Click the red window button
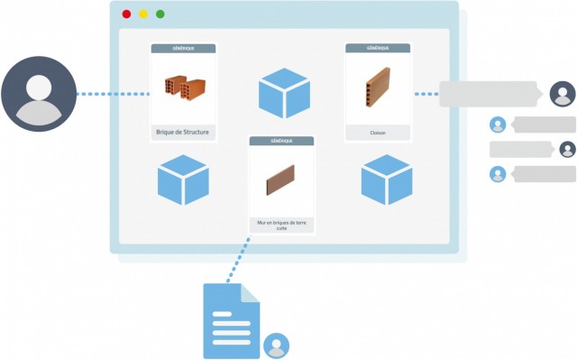pos(126,14)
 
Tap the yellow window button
pos(143,14)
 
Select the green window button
pos(160,14)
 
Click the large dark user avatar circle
pos(38,93)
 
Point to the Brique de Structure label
pos(183,133)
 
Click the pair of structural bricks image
pos(183,88)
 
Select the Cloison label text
pos(378,133)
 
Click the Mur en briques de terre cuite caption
pos(281,225)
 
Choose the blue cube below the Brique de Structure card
pos(183,180)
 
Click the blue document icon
pos(232,321)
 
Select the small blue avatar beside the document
pos(277,346)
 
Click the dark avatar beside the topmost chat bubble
pos(562,93)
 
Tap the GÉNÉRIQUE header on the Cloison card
pos(378,48)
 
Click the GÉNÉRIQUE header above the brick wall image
pos(281,142)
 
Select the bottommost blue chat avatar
pos(497,174)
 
